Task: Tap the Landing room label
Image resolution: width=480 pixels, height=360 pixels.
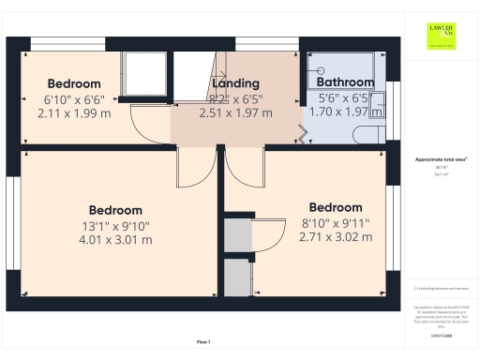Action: [235, 83]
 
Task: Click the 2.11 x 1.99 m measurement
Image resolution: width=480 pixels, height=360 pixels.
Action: [73, 112]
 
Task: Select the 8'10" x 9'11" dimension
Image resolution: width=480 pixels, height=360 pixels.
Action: [336, 223]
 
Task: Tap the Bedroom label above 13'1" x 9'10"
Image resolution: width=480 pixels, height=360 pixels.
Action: [115, 210]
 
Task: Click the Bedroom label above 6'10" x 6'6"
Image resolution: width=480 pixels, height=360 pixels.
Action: [74, 83]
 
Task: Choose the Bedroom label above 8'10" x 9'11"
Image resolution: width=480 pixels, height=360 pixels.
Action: [336, 207]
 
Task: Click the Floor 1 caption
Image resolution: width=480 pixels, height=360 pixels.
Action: [203, 341]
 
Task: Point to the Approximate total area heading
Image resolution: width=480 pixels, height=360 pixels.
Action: [441, 160]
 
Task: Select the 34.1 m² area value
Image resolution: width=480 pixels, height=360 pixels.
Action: [441, 174]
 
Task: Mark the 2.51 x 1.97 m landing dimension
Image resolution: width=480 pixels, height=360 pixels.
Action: [235, 112]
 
